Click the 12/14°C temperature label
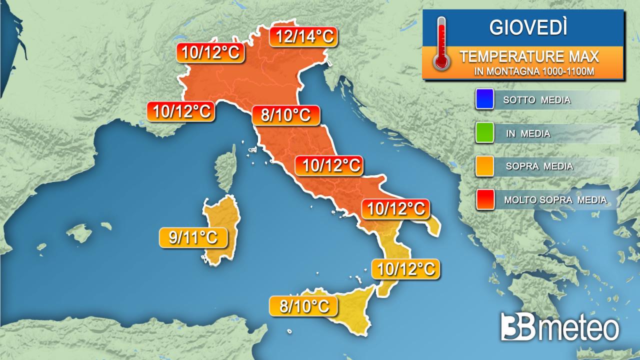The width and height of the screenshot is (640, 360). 303,36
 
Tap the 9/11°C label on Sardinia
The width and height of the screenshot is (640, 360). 193,238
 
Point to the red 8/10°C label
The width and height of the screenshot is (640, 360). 286,115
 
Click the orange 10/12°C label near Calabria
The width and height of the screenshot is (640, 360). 405,269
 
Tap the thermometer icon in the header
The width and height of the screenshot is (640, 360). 442,43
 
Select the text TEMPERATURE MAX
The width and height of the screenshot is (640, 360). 529,56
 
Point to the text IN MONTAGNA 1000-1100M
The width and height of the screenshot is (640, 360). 534,71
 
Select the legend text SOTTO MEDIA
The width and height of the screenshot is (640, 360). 537,100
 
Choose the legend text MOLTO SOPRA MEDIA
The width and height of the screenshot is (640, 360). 555,200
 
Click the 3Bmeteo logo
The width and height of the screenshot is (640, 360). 560,327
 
